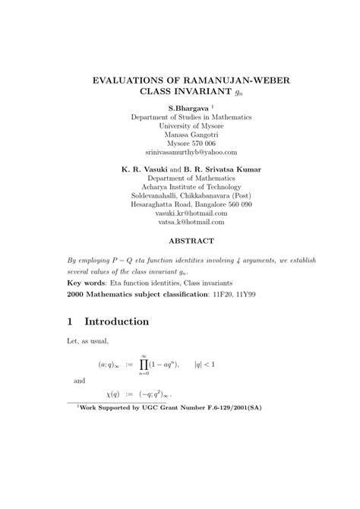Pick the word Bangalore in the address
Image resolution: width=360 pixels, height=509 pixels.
[206, 204]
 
